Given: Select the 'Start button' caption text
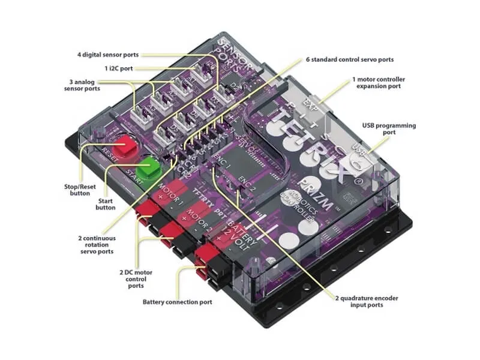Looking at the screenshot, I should pyautogui.click(x=105, y=204).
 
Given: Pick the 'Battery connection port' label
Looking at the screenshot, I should pyautogui.click(x=177, y=302).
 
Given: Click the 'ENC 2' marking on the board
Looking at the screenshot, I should pyautogui.click(x=247, y=181).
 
